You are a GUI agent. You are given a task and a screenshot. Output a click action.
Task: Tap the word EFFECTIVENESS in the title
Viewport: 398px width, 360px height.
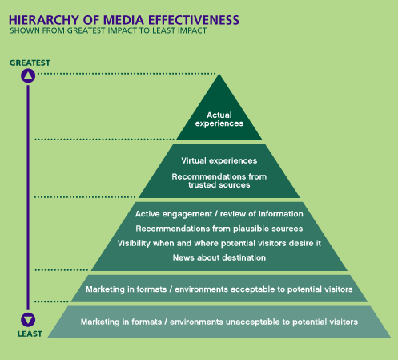tap(193, 20)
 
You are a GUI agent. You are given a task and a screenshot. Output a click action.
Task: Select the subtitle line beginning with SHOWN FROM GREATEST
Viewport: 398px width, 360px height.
tap(108, 30)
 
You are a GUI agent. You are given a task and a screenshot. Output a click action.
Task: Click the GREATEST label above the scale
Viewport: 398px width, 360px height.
tap(30, 63)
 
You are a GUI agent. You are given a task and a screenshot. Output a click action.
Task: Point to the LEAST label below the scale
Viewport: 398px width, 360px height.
tap(30, 334)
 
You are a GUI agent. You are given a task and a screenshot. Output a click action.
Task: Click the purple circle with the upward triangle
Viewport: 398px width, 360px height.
tap(28, 75)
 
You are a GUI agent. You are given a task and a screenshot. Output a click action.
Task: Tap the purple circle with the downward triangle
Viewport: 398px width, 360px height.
tap(28, 320)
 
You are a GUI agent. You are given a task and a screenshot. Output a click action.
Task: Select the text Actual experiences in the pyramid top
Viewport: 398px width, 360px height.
tap(219, 119)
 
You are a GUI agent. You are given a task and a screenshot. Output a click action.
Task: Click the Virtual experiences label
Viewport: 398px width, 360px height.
tap(219, 160)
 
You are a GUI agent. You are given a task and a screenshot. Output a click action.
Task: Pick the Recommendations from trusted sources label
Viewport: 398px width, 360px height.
tap(219, 180)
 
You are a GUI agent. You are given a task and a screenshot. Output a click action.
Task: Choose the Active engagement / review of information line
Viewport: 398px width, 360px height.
tap(219, 214)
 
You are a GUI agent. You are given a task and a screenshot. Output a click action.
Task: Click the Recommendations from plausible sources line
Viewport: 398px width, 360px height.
tap(219, 229)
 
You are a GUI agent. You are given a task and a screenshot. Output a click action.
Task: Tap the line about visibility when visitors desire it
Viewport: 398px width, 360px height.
tap(219, 243)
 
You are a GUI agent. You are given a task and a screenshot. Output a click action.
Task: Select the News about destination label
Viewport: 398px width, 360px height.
tap(219, 257)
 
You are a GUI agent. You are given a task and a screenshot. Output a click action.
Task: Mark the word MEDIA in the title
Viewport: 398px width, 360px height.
tap(124, 20)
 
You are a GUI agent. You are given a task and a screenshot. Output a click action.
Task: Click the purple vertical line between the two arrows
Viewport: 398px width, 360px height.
tap(28, 198)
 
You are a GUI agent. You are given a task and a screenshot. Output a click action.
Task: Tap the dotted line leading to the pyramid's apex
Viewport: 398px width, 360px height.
tap(127, 74)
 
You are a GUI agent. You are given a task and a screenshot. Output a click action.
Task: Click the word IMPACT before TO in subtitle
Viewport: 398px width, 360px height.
tap(123, 30)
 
